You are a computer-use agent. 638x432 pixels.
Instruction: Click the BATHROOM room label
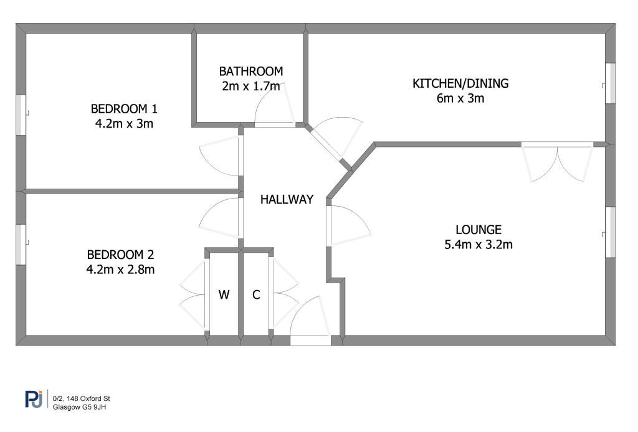(250, 71)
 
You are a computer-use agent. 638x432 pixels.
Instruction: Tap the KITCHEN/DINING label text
(460, 83)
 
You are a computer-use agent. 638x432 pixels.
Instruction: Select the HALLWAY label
(287, 199)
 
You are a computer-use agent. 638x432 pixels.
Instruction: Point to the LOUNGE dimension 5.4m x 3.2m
(478, 245)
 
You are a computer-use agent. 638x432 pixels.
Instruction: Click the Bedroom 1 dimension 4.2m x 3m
(124, 123)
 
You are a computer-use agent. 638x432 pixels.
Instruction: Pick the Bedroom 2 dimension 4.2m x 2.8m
(120, 270)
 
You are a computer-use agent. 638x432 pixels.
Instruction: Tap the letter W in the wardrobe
(224, 294)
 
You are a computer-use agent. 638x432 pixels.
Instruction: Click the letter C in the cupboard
(256, 294)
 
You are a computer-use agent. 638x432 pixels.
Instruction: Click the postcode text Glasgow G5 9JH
(79, 407)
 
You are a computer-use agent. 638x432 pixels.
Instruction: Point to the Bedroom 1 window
(21, 115)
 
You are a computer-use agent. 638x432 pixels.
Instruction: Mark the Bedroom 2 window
(21, 245)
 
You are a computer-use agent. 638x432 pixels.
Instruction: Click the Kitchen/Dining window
(610, 83)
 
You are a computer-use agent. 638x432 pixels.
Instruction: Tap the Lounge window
(610, 232)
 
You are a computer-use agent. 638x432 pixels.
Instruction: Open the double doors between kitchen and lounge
(558, 162)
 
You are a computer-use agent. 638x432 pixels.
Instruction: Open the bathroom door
(275, 105)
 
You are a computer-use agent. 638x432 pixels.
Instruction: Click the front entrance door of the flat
(310, 321)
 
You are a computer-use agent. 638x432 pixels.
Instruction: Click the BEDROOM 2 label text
(120, 255)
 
